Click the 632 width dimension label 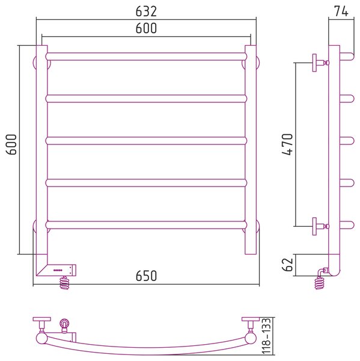146,11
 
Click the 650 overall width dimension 146,276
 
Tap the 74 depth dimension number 341,11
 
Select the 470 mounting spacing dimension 287,144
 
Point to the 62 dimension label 287,264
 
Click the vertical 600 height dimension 11,144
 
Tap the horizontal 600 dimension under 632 146,28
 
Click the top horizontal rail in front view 146,57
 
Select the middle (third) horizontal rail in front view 146,141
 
